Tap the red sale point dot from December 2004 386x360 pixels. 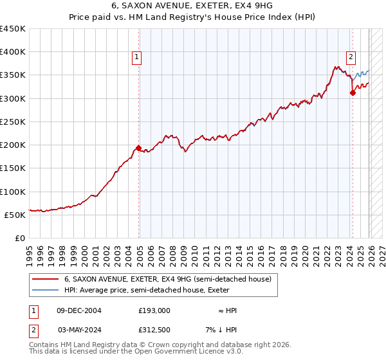tap(139, 148)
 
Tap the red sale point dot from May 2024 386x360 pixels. tap(353, 93)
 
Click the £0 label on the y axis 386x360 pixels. tap(19, 238)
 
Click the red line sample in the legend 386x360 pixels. tap(46, 279)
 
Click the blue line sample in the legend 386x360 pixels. tap(46, 290)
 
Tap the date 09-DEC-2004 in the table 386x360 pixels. tap(79, 310)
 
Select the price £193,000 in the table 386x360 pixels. tap(154, 310)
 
